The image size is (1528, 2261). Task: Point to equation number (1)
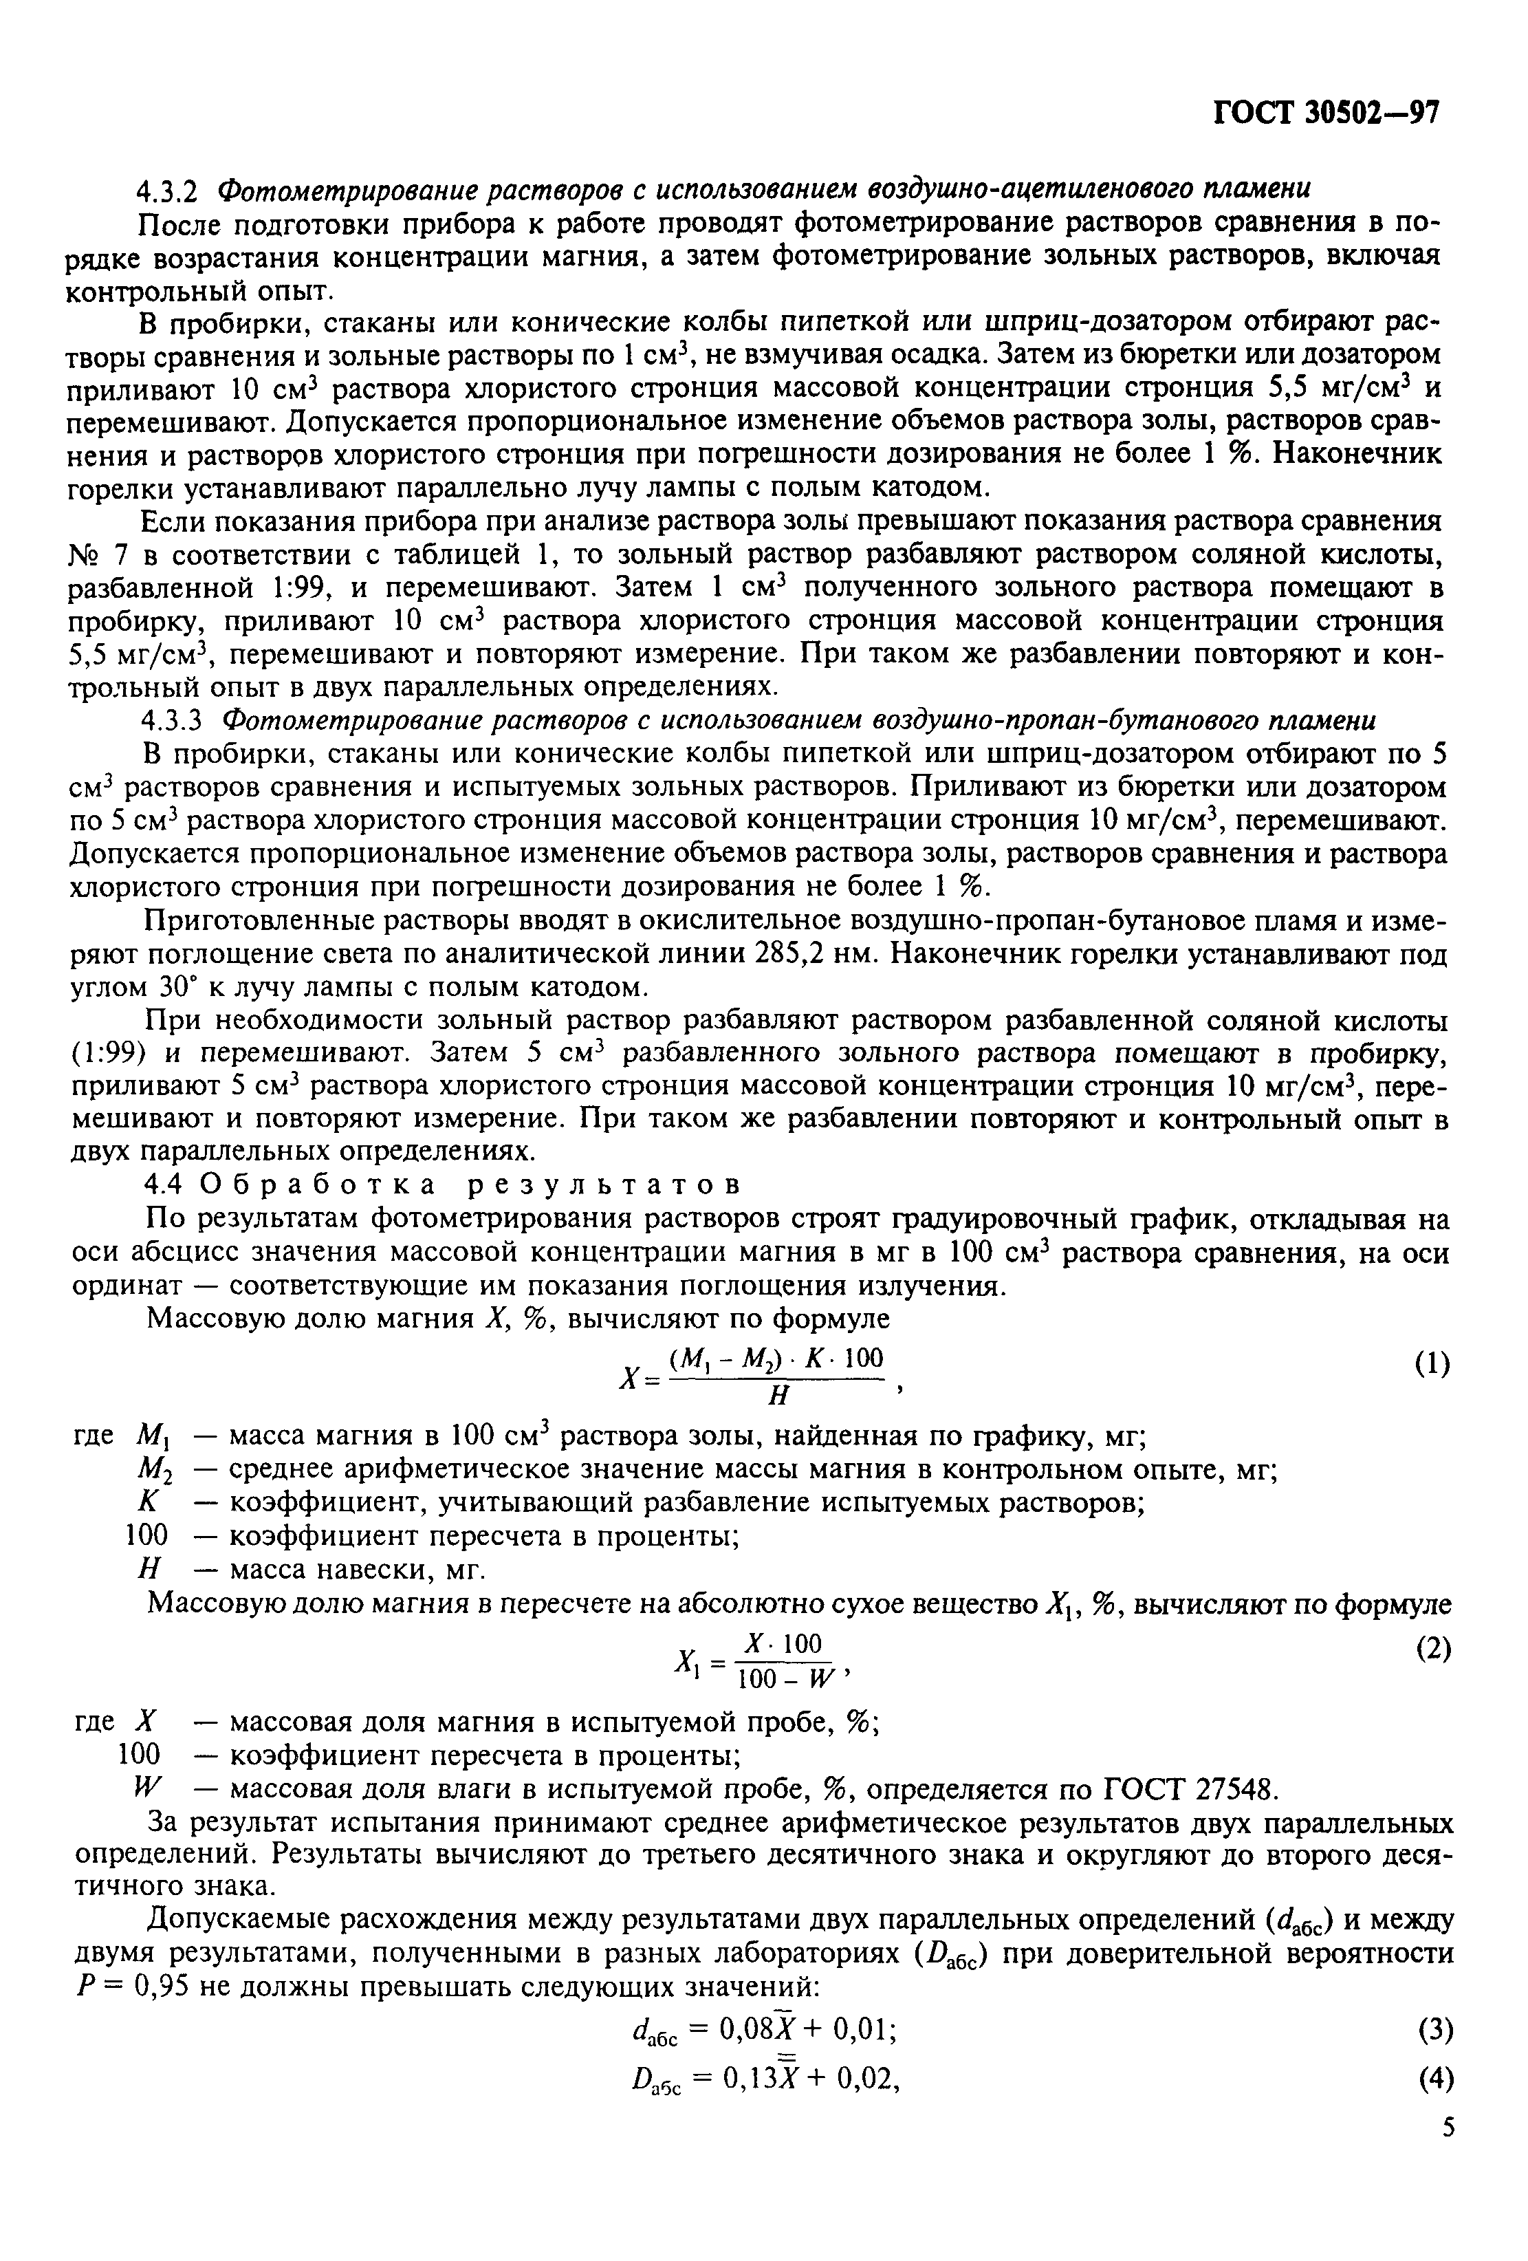coord(1432,1364)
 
